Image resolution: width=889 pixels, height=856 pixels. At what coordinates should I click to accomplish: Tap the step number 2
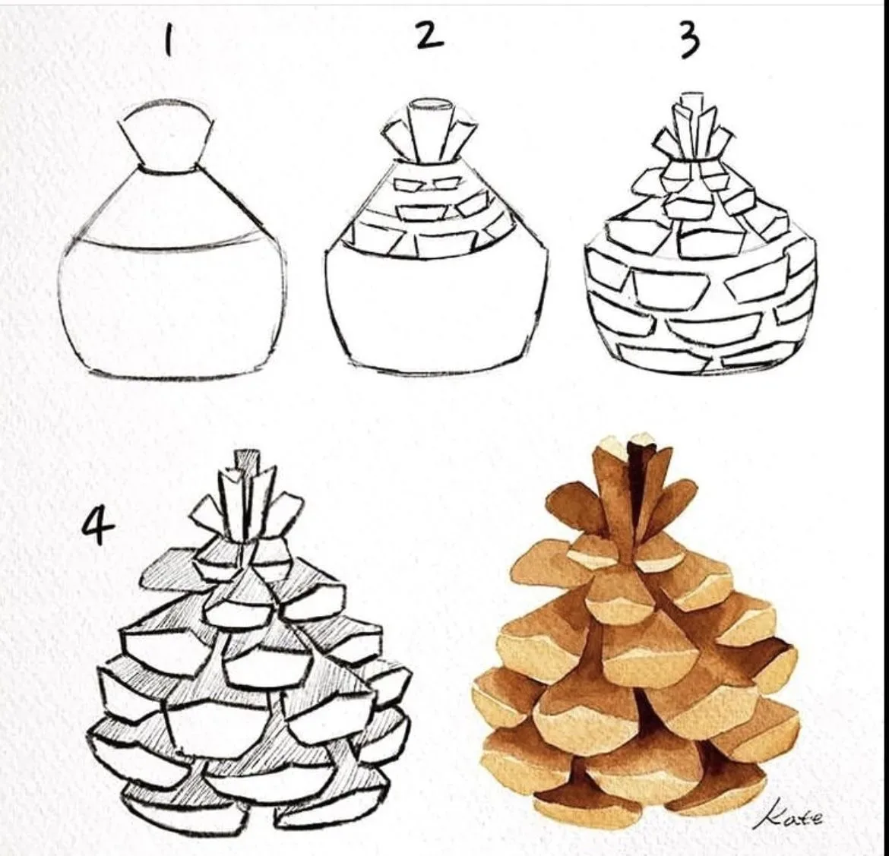point(430,35)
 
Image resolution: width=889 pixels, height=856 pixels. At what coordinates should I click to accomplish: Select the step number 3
point(688,39)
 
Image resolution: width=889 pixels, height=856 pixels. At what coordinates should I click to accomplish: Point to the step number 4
point(97,528)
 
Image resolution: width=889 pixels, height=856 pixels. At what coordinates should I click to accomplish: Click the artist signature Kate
point(789,817)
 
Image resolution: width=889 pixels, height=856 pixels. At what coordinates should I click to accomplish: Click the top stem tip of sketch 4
point(245,460)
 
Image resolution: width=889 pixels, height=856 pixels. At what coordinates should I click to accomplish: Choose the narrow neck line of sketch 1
point(169,169)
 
